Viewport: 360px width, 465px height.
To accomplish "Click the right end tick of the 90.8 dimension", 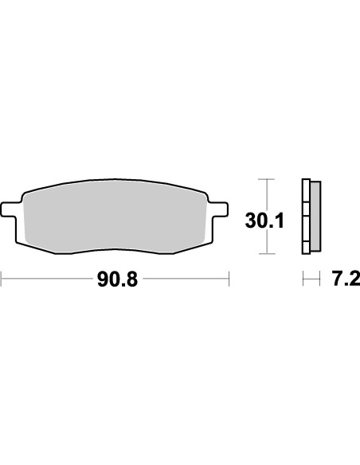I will tap(229, 279).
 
